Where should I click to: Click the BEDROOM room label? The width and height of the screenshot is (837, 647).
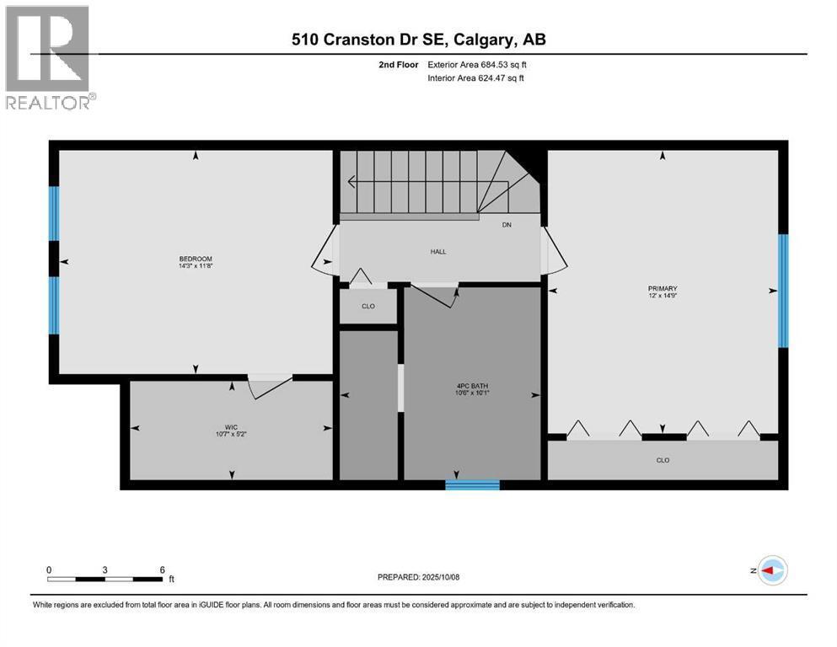click(195, 259)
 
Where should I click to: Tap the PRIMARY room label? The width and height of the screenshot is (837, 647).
click(663, 288)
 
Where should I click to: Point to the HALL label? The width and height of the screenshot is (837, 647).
click(437, 251)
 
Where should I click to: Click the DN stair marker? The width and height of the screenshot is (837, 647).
click(507, 225)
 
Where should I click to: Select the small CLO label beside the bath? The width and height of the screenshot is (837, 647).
click(368, 306)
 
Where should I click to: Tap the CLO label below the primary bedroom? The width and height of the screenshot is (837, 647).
click(663, 460)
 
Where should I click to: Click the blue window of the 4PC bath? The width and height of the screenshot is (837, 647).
click(472, 484)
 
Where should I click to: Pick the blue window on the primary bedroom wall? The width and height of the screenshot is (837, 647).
click(782, 291)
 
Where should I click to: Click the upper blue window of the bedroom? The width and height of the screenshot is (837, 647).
click(54, 213)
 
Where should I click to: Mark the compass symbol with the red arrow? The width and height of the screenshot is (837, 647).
click(771, 570)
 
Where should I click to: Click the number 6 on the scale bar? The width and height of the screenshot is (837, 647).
click(162, 569)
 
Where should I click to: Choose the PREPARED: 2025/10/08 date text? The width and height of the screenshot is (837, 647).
click(419, 577)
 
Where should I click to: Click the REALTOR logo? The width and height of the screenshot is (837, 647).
click(47, 57)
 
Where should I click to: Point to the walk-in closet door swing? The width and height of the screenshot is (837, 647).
click(269, 387)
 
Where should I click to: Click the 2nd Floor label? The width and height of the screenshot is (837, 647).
click(400, 64)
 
